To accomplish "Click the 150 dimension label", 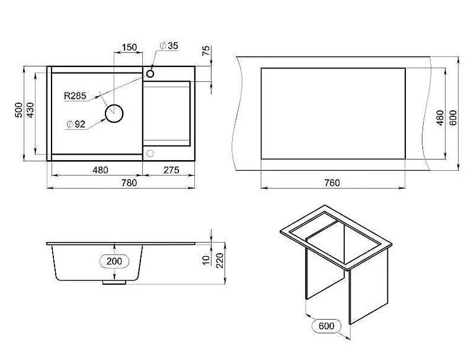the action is coord(129,47).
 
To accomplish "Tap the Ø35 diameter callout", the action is coord(169,46).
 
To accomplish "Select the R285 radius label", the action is coord(75,96).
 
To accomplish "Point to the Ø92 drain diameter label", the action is coord(76,124).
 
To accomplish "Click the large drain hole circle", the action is coord(114,113).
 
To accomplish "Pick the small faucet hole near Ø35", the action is coord(150,74).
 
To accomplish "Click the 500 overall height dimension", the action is coord(19,110).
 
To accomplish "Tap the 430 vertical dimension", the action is coord(31,110).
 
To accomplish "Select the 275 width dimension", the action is coord(171,170).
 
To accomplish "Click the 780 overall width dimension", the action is coord(129,183).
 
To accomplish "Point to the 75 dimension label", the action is coord(206,50).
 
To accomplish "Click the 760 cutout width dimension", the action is coord(332,183).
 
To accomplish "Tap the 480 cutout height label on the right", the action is coord(440,118).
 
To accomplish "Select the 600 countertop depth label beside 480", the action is coord(453,118).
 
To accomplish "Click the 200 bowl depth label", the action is coord(114,261).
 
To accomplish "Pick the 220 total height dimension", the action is coord(220,260).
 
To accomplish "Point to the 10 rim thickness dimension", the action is coord(206,260).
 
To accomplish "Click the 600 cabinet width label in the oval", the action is coord(326,326).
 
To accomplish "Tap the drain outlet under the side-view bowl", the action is coord(114,282).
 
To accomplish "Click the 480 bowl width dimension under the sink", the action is coord(100,170).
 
